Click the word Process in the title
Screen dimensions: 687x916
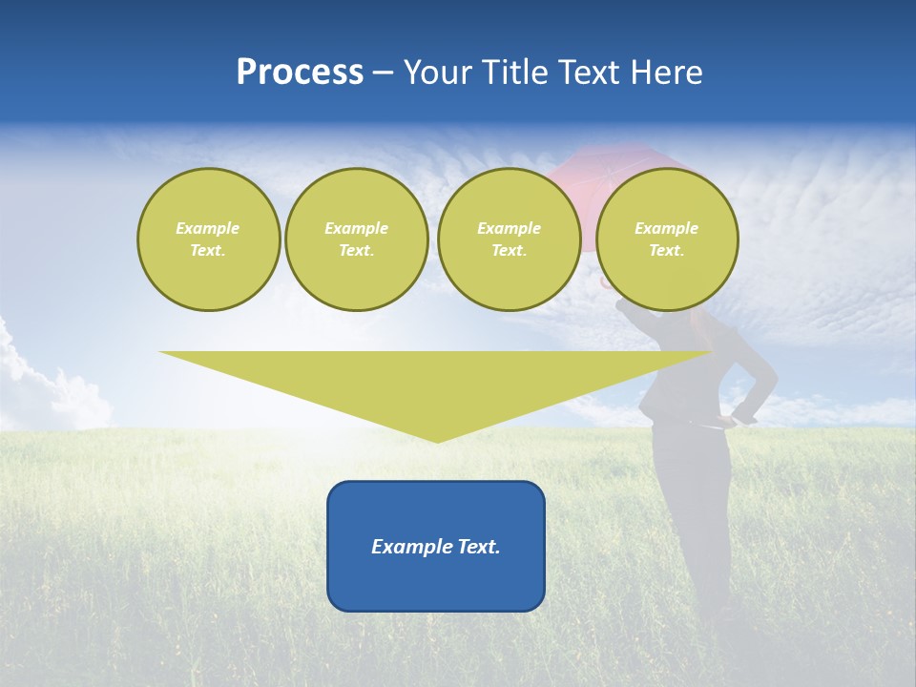(300, 73)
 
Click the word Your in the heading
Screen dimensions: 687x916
(439, 73)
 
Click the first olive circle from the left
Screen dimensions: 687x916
(208, 239)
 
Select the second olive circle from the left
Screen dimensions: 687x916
(356, 239)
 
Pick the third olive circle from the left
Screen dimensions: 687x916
(509, 239)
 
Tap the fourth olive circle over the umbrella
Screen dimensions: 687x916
(666, 239)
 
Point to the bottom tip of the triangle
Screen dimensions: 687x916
(437, 440)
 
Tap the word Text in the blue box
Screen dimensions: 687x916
(478, 547)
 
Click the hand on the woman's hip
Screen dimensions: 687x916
(736, 417)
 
